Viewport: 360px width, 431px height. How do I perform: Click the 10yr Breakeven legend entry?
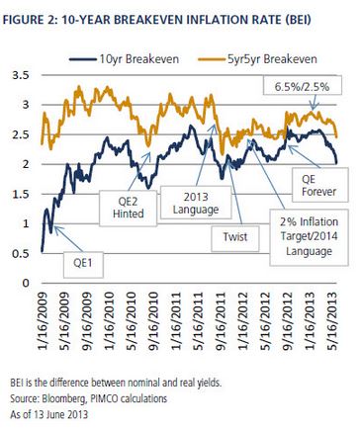pos(124,59)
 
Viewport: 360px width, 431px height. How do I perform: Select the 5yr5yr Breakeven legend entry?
pos(257,59)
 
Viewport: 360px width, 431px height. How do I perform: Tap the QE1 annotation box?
pos(83,265)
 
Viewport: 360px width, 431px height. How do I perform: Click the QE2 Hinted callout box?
pos(128,208)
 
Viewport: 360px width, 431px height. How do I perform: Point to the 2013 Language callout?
pos(196,203)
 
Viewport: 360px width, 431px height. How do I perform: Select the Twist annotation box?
pos(235,238)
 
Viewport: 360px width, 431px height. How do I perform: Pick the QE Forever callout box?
pos(319,185)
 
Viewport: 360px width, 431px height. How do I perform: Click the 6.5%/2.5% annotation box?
pos(303,85)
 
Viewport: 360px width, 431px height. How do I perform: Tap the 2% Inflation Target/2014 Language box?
pos(309,237)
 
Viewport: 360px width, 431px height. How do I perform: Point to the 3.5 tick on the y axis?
pos(21,75)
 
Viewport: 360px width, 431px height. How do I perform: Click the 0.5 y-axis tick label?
pos(21,254)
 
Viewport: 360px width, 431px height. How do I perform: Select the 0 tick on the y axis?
pos(26,283)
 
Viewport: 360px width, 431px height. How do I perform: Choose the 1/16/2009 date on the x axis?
pos(43,320)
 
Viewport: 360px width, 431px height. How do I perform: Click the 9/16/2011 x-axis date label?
pos(220,320)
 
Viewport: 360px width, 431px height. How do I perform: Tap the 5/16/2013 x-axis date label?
pos(331,320)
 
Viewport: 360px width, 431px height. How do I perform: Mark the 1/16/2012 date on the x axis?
pos(242,320)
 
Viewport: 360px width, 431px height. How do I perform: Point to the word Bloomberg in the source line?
pos(62,399)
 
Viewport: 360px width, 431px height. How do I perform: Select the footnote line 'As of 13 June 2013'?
pos(48,414)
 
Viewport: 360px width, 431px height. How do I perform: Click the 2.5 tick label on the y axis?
pos(21,134)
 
